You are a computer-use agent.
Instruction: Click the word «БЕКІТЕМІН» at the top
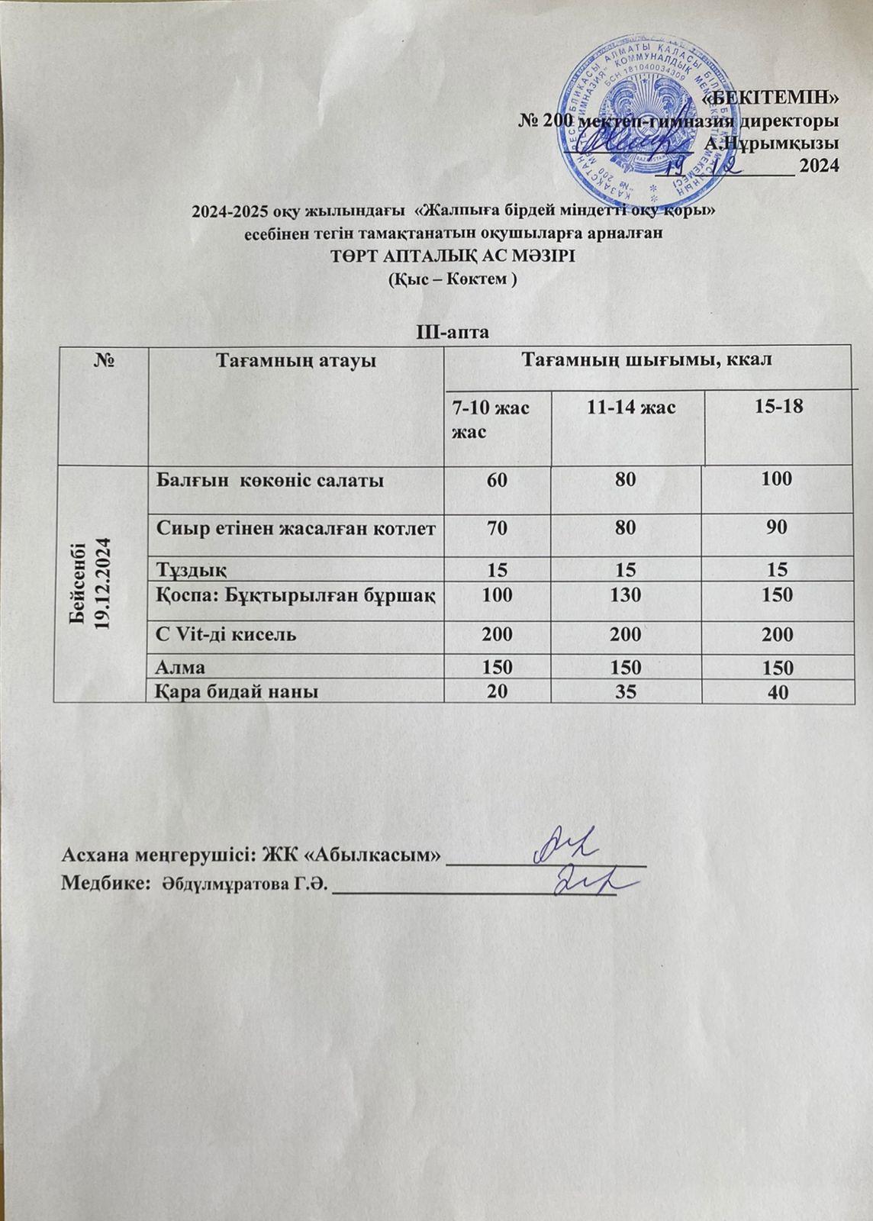(x=771, y=98)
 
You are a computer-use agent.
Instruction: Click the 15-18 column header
(x=778, y=408)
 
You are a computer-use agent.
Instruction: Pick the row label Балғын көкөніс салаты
(x=270, y=480)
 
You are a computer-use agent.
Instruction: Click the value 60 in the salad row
(x=497, y=479)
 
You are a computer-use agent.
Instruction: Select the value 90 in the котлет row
(x=778, y=527)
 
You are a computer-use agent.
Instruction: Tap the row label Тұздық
(x=191, y=569)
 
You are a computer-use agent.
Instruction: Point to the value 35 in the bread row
(x=624, y=691)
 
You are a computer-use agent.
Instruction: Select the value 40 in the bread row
(x=778, y=693)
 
